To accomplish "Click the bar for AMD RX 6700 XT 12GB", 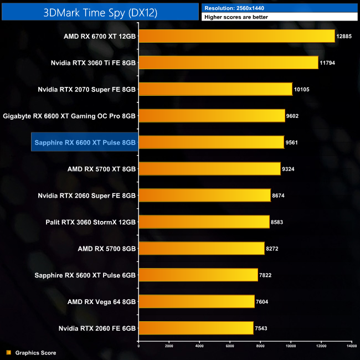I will click(x=236, y=36).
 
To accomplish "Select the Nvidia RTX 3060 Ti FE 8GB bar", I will click(x=228, y=63).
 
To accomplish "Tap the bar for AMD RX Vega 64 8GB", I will click(x=197, y=301).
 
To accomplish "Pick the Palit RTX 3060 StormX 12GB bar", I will click(x=204, y=222).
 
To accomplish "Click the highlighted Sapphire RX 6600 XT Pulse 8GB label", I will click(x=85, y=142).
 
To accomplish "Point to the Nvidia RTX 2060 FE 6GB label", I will click(x=97, y=328).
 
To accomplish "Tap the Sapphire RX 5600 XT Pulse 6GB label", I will click(x=89, y=275).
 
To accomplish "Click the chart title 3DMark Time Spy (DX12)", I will click(x=100, y=12).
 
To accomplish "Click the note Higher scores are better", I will click(x=236, y=17).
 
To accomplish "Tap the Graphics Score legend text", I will click(x=35, y=353).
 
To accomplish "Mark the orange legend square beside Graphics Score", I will click(x=8, y=353).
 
